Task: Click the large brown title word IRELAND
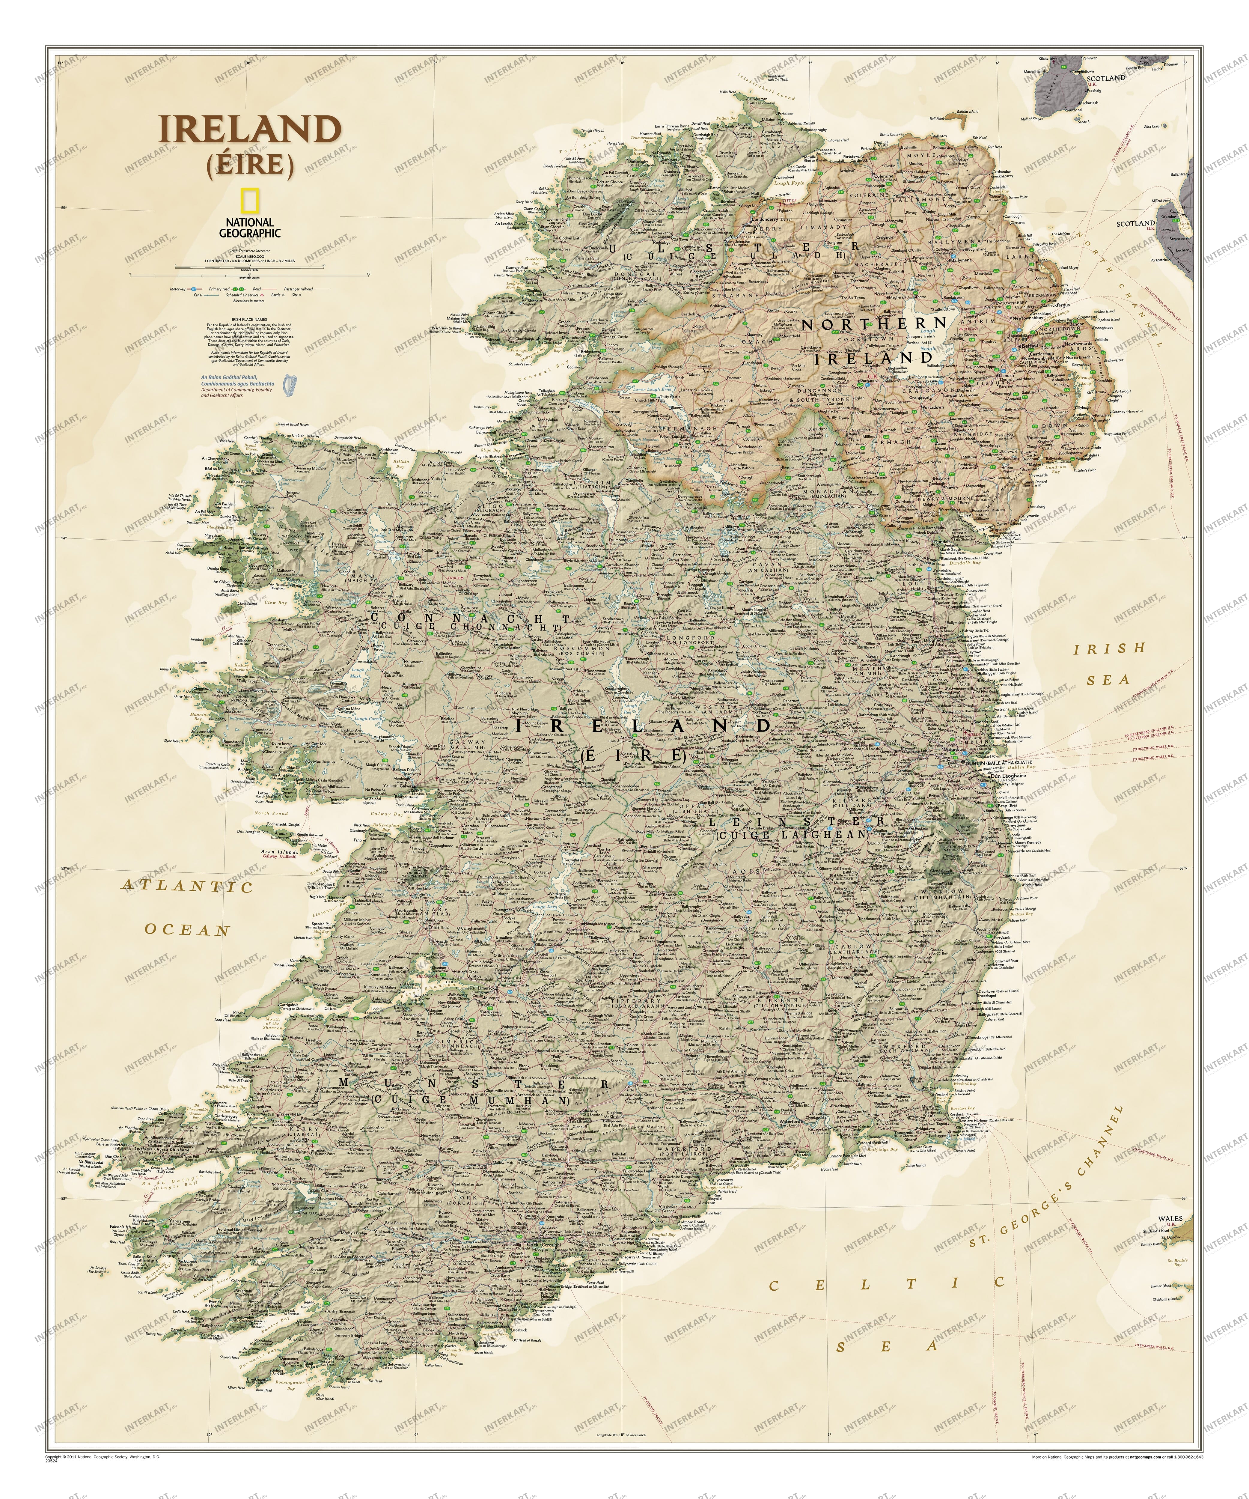point(250,130)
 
